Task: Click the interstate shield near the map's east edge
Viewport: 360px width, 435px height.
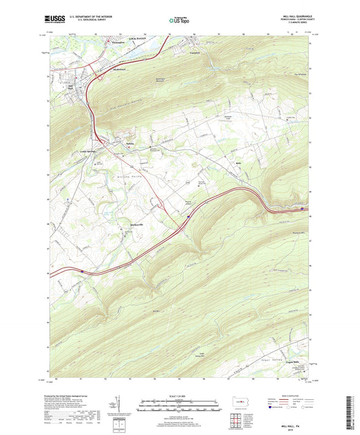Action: (301, 209)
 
